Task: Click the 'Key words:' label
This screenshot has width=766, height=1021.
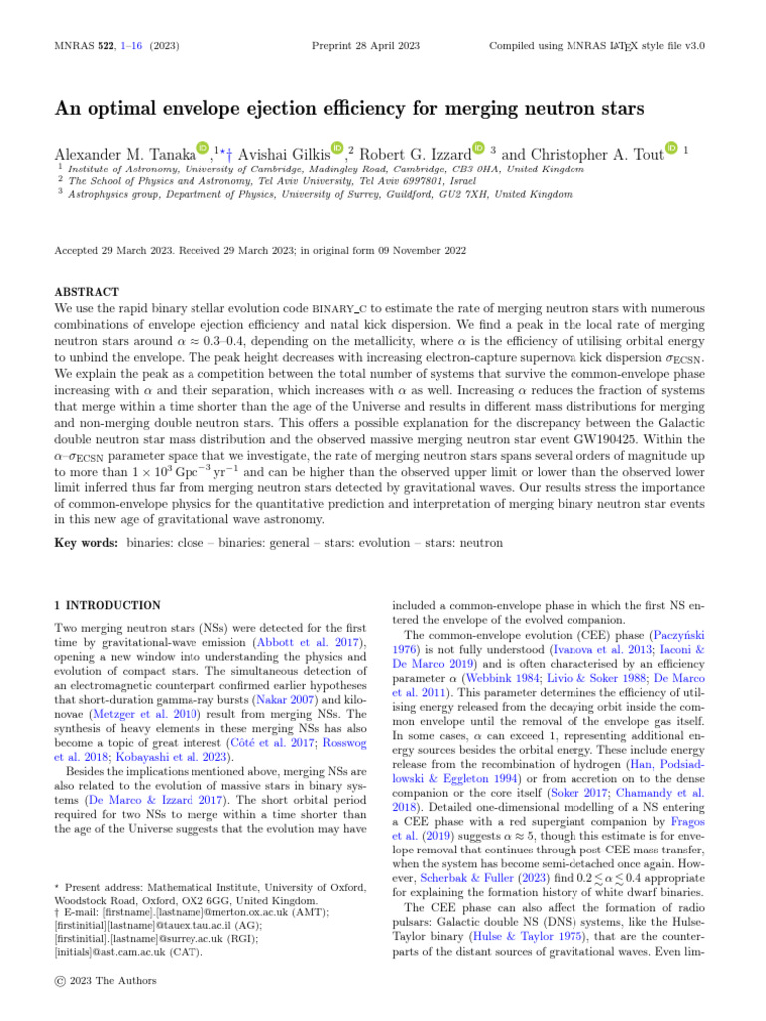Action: tap(86, 543)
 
